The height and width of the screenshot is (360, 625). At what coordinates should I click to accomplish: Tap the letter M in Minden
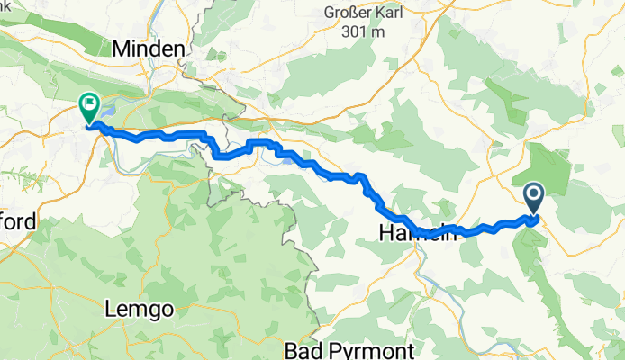tap(122, 49)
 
